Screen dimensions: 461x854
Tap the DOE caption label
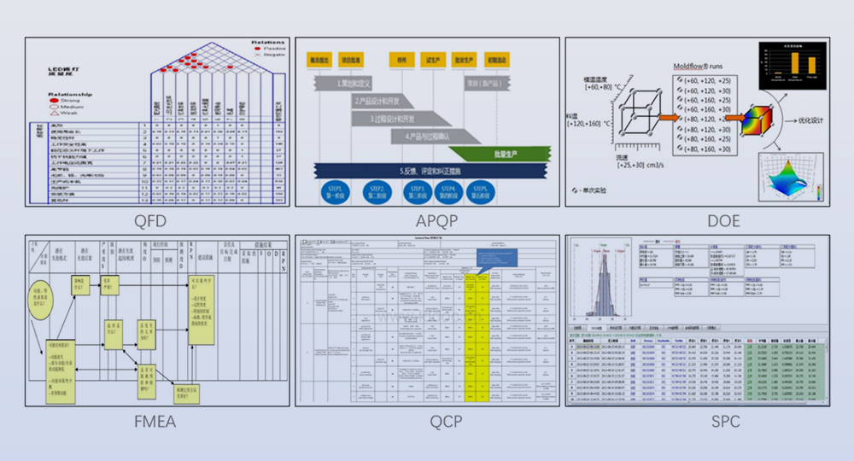click(x=699, y=221)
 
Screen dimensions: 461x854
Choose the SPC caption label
click(x=699, y=421)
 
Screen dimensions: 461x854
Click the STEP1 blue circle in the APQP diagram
click(x=333, y=190)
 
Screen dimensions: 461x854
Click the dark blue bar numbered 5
click(x=427, y=170)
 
